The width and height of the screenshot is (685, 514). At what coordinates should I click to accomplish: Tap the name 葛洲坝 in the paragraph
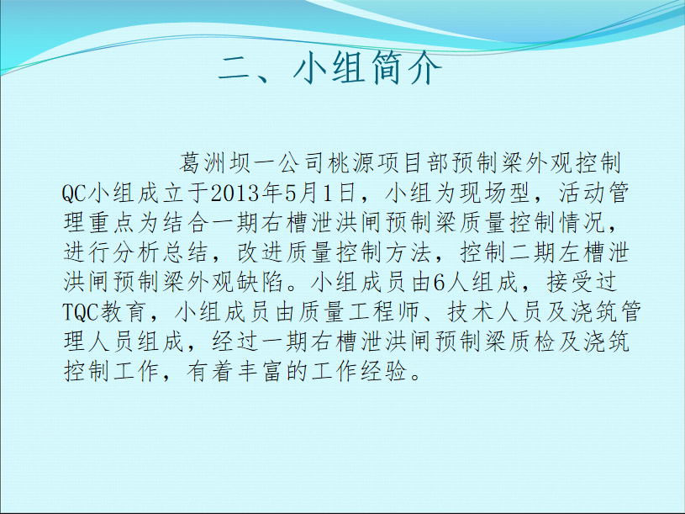214,163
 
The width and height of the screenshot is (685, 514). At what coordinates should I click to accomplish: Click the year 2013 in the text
234,193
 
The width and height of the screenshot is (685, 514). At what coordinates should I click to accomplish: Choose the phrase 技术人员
495,311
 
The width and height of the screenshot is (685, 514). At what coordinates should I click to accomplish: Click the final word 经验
385,371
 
